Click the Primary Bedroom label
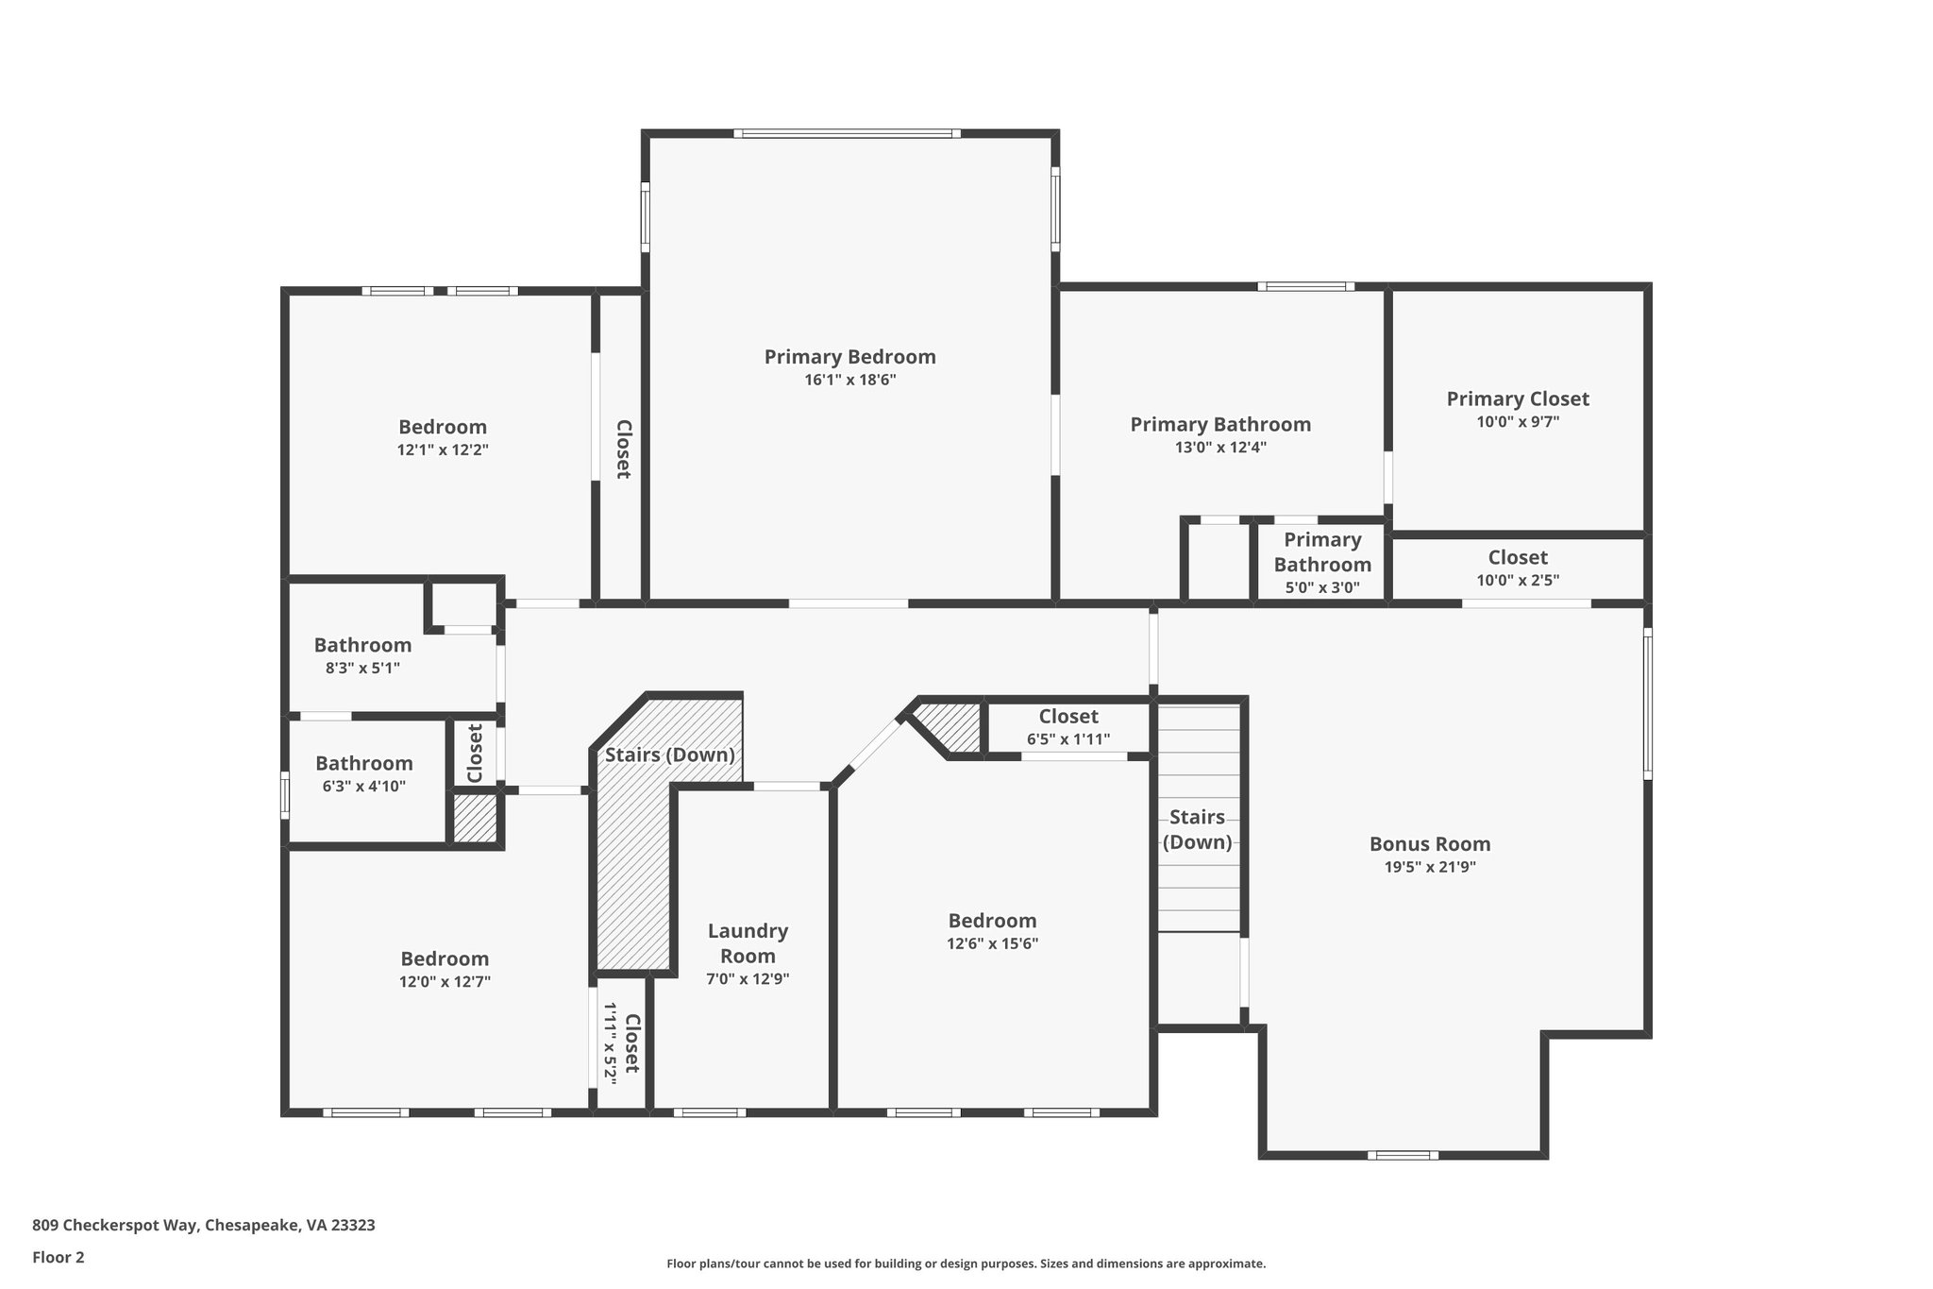tap(849, 357)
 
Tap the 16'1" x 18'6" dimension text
tap(849, 381)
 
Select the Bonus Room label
tap(1429, 844)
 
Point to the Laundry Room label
tap(748, 942)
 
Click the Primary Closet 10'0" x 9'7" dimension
tap(1517, 422)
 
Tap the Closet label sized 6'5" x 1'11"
tap(1067, 717)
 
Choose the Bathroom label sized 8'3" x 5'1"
tap(362, 645)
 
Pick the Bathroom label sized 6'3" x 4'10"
tap(363, 763)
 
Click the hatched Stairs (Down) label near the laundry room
tap(669, 755)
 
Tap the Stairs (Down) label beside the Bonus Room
tap(1197, 829)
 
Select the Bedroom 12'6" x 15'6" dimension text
tap(992, 943)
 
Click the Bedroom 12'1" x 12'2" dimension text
tap(443, 450)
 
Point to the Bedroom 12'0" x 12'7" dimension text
tap(445, 982)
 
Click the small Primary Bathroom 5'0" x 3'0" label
tap(1321, 552)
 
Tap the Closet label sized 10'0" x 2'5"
tap(1517, 557)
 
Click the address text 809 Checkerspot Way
tap(203, 1225)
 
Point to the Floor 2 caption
tap(59, 1257)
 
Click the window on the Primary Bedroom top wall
tap(847, 134)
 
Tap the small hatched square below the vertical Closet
tap(475, 818)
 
